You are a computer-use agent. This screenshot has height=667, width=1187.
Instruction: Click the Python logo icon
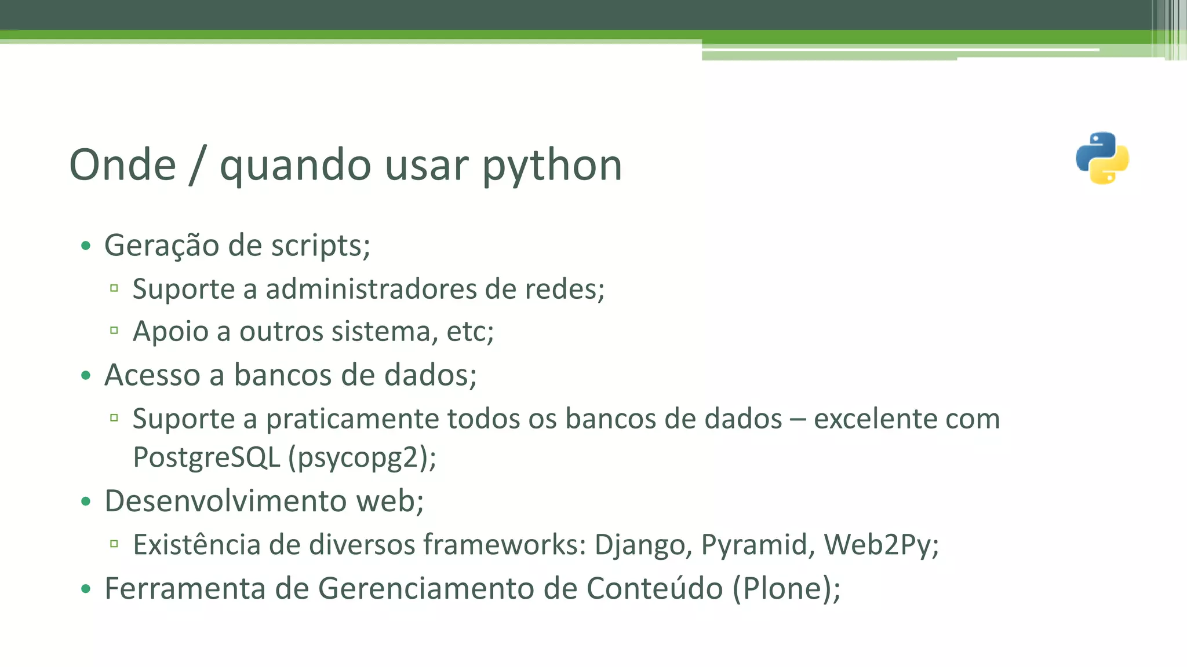(x=1102, y=158)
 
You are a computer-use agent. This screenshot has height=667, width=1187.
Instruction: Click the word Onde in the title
(x=122, y=165)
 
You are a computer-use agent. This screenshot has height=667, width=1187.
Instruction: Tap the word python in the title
(x=552, y=166)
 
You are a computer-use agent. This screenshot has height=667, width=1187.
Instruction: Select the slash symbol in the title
(x=197, y=166)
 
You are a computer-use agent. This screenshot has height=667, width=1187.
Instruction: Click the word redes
(x=562, y=288)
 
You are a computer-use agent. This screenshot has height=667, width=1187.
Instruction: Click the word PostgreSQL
(x=206, y=457)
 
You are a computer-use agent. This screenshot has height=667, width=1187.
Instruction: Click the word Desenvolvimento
(x=225, y=501)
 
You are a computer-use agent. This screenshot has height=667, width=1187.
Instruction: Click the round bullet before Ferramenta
(x=86, y=589)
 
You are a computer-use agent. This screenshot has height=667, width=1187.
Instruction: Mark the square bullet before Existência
(x=114, y=544)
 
